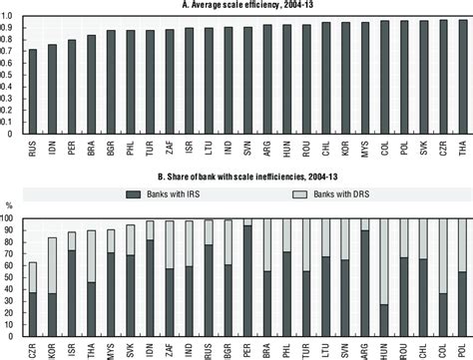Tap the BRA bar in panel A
(x=91, y=85)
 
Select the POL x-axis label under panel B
(x=462, y=350)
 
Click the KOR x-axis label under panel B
(x=51, y=350)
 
